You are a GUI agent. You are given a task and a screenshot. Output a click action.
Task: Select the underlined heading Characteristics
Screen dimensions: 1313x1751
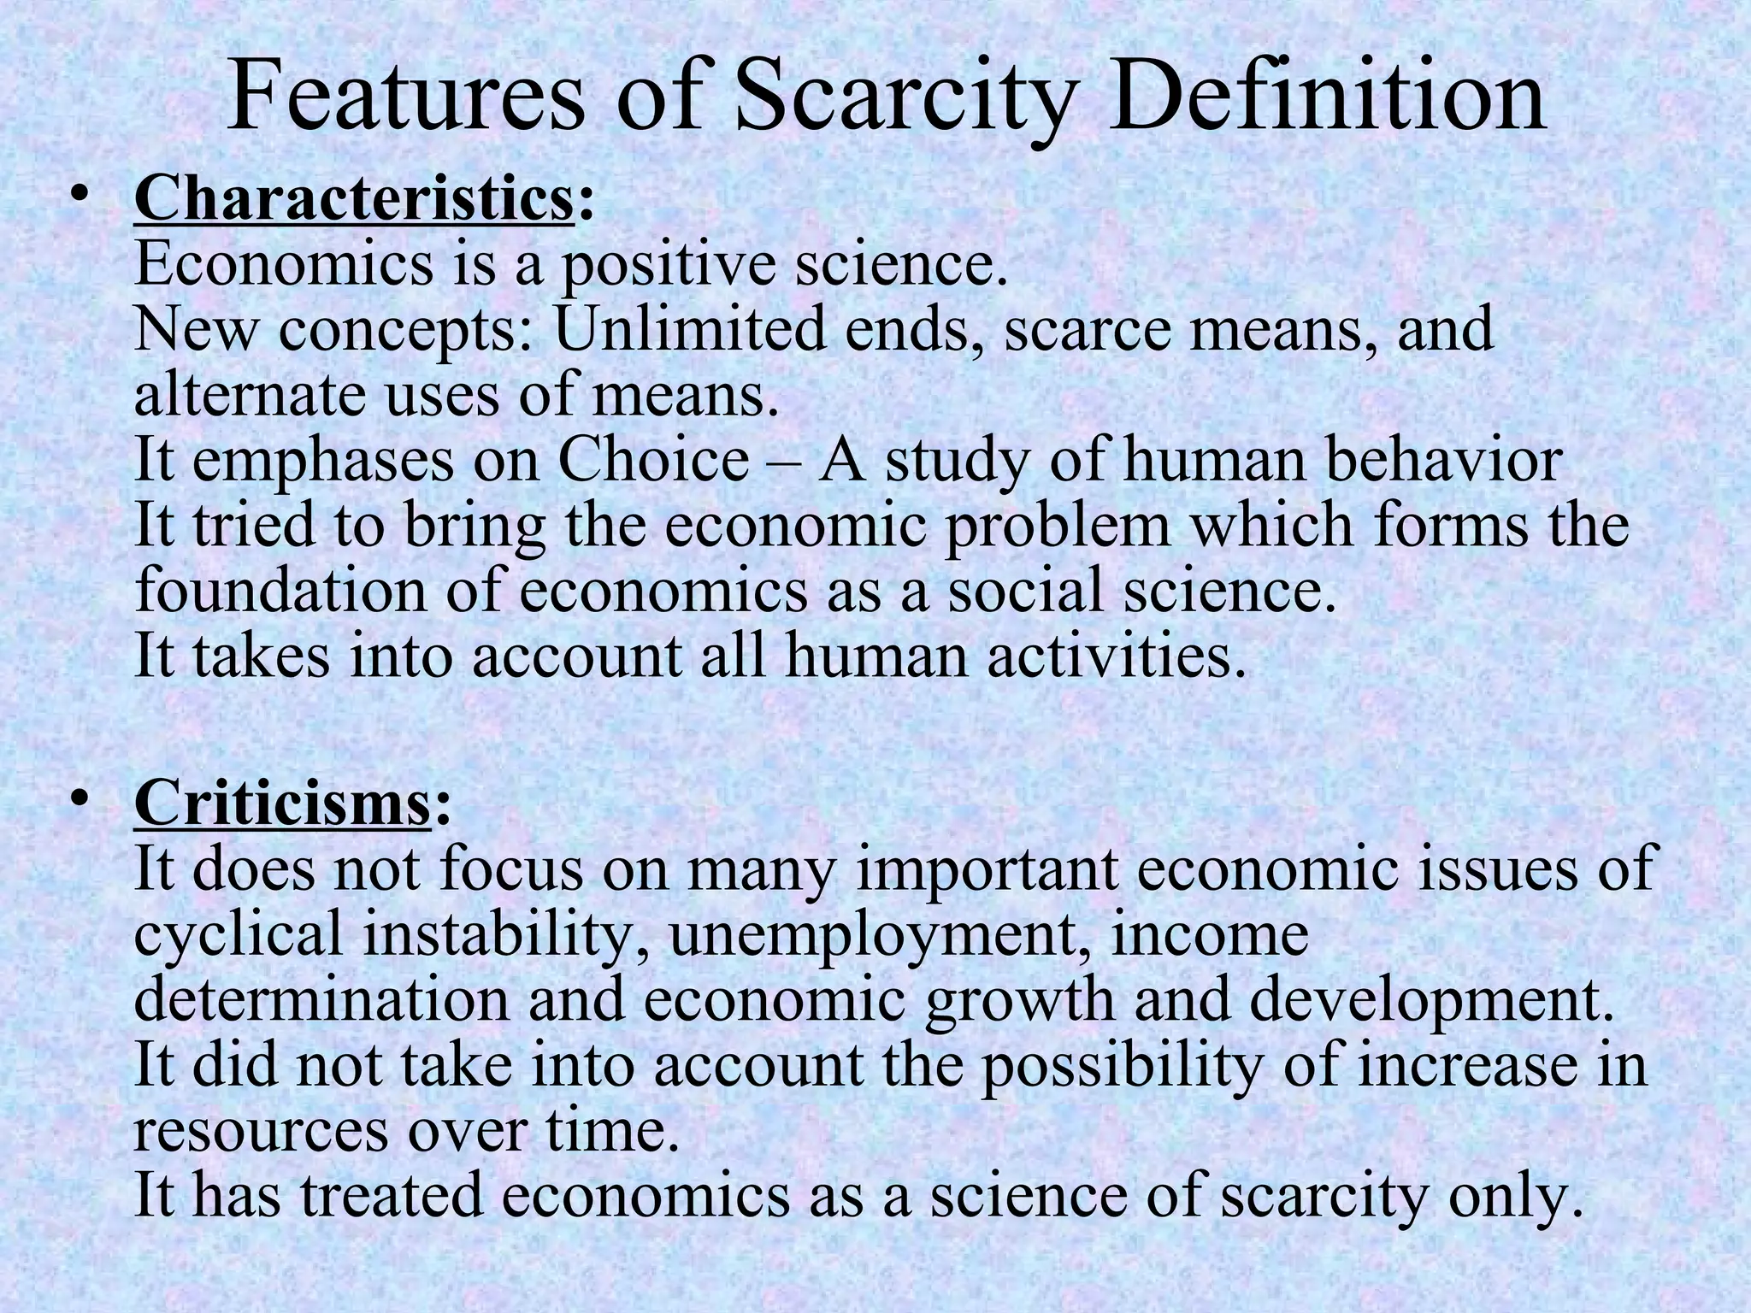pos(353,200)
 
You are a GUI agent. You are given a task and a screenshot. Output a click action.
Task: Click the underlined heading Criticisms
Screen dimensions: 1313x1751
pos(281,804)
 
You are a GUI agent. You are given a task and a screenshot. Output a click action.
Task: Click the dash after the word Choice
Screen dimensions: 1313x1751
pos(783,462)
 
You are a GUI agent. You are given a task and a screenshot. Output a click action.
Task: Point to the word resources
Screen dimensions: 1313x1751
pos(260,1130)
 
